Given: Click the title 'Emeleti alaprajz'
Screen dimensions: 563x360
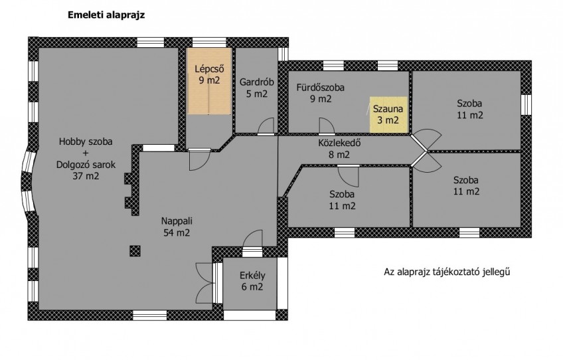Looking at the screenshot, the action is [106, 15].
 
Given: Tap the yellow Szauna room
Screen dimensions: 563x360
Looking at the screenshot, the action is [389, 115].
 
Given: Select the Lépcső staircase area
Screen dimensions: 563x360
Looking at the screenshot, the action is [208, 82].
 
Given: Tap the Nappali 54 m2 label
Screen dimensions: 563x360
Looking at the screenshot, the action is [177, 226].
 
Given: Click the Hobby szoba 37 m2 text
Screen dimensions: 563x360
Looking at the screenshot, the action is [86, 159].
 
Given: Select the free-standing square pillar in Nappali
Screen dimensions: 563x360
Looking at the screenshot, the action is [135, 250].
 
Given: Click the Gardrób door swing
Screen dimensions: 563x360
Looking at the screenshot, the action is [266, 126].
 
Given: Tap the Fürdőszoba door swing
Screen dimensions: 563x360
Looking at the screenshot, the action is [327, 126].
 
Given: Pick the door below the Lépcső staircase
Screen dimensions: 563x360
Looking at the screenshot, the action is [199, 160].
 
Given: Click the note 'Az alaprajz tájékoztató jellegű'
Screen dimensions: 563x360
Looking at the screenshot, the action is [447, 272].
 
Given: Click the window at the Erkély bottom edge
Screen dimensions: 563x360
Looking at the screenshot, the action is [250, 315].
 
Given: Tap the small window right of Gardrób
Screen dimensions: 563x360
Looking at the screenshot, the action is [283, 54].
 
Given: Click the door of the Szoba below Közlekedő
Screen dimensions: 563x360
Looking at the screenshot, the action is [349, 176].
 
